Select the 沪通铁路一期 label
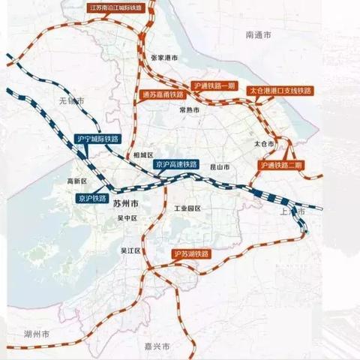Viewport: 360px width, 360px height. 213,86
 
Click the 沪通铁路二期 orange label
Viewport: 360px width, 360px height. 281,164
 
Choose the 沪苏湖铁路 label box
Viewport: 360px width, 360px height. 190,254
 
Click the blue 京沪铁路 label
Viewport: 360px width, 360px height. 92,198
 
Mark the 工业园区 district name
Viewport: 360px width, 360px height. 187,208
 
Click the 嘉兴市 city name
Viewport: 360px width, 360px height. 157,346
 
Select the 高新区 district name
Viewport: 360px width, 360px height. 77,181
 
